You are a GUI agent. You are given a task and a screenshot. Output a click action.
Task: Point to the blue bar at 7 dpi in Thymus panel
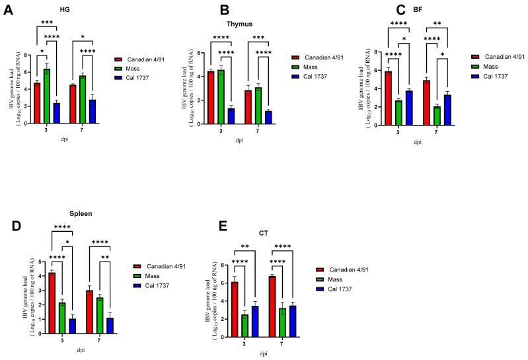[249, 116]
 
